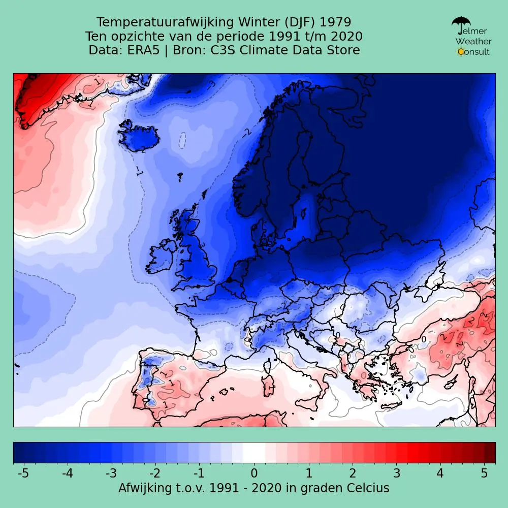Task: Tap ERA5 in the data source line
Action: [145, 50]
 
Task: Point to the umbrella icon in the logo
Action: [461, 24]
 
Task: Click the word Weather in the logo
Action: [473, 41]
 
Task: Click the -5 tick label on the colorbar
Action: [23, 473]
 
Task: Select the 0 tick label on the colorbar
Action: [254, 473]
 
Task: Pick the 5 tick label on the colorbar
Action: [485, 473]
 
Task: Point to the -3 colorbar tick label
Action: [111, 473]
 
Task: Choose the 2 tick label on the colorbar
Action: [352, 473]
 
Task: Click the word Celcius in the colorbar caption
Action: [368, 488]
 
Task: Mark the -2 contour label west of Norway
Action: [246, 133]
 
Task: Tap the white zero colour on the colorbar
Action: [254, 452]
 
